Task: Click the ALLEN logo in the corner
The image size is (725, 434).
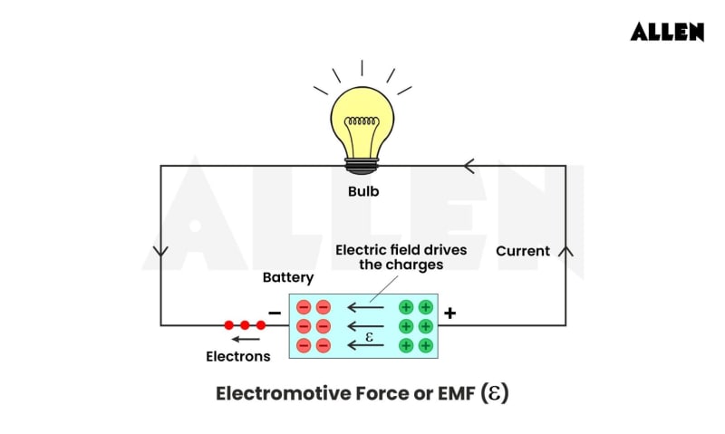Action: tap(667, 32)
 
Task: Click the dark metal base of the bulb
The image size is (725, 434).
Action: tap(362, 166)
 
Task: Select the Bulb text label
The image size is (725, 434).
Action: tap(363, 191)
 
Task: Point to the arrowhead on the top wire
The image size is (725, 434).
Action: tap(469, 166)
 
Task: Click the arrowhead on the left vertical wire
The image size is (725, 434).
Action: tap(161, 251)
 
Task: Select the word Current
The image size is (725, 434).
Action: tap(523, 251)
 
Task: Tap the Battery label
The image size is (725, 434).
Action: tap(288, 277)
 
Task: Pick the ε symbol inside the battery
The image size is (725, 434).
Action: tap(369, 336)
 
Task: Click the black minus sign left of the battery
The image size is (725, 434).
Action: tap(275, 313)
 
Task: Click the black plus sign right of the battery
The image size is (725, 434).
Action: tap(449, 313)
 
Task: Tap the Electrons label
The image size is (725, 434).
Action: tap(237, 356)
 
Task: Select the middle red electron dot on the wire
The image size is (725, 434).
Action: tap(245, 324)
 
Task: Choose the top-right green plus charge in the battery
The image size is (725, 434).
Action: tap(425, 306)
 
